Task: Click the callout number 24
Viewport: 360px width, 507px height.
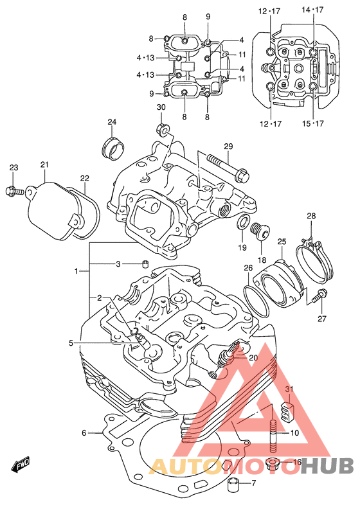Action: click(112, 122)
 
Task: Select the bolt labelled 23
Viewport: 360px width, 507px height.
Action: click(15, 190)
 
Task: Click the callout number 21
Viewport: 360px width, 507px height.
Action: click(44, 165)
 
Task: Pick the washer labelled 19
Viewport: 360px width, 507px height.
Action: click(243, 222)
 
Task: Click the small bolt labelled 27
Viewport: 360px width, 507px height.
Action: click(319, 296)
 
